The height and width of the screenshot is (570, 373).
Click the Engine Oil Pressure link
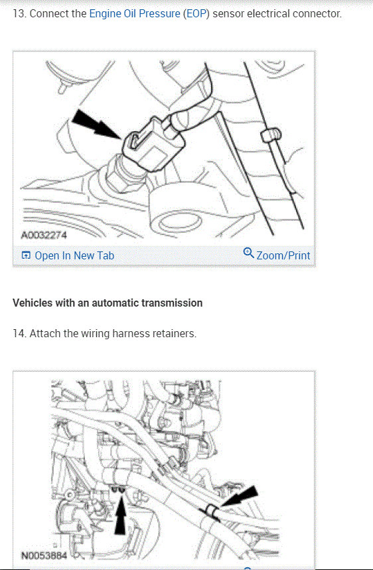tap(135, 14)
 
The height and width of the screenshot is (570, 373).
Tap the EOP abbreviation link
tap(196, 14)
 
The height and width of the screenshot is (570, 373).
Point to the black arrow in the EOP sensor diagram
tap(96, 124)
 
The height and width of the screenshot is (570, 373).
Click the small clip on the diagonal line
tap(270, 135)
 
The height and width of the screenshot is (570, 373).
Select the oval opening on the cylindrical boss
tap(181, 221)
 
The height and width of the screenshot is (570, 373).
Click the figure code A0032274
tap(44, 235)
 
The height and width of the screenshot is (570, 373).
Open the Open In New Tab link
tap(74, 255)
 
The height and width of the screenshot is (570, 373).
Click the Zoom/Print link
tap(283, 255)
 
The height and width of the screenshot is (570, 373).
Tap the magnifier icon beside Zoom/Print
tap(248, 253)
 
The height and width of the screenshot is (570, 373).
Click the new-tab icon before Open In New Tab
tap(26, 255)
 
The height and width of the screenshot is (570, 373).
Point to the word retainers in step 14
tap(174, 333)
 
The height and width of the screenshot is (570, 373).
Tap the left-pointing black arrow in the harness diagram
tap(240, 496)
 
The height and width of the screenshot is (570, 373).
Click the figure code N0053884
tap(44, 556)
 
